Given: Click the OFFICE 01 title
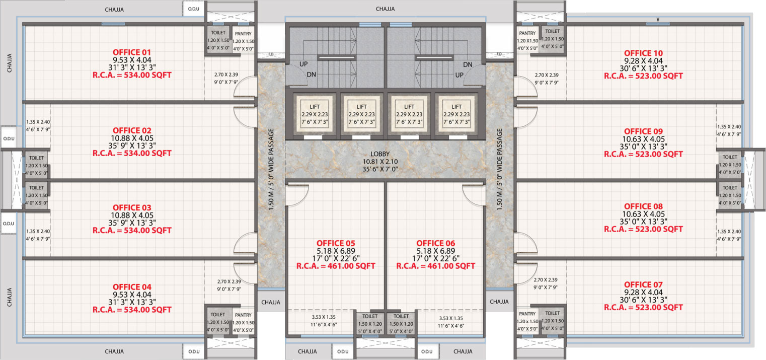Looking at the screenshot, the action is point(132,52).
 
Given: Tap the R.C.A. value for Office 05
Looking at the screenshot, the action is point(336,266).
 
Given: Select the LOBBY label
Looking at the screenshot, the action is point(380,154).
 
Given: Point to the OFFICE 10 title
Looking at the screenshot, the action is point(643,53).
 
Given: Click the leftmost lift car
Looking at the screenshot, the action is point(314,114).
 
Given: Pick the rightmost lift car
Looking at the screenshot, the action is point(456,114).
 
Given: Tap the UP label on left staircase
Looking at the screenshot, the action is point(303,64).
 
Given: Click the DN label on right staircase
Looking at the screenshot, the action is point(468,64).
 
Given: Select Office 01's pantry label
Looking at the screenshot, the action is point(243,34).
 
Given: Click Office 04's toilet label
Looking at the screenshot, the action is point(217,315).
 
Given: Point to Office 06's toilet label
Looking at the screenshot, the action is point(401,316).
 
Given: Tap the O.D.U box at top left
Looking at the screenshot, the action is point(194,9).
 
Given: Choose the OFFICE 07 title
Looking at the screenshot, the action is point(643,284).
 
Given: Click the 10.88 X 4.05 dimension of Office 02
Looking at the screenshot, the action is point(132,138).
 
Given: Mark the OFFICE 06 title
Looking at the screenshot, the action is point(436,243).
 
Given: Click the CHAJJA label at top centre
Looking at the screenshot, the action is point(385,9).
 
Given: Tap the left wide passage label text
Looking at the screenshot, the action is point(271,169).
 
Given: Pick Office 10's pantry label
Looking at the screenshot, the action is point(527,33).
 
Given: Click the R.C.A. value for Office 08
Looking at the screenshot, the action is point(643,229).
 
